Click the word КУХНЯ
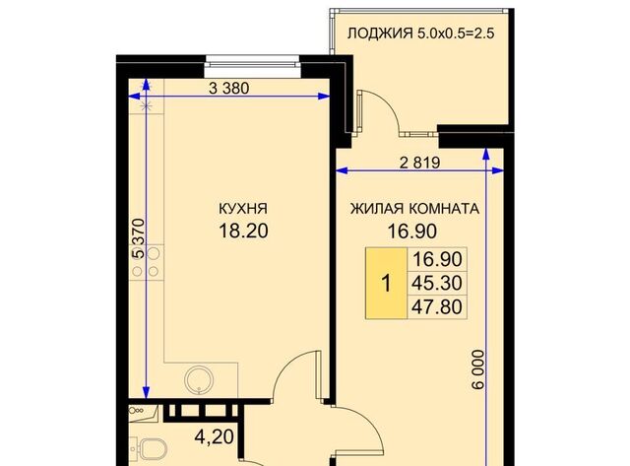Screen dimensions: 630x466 (x=243, y=209)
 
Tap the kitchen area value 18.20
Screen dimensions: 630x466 (x=243, y=232)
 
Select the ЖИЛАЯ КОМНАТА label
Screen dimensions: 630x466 (x=414, y=209)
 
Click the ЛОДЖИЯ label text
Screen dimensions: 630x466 (x=380, y=33)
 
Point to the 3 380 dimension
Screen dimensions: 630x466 (x=229, y=88)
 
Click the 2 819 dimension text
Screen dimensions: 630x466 (x=420, y=163)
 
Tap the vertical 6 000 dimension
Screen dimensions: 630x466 (x=478, y=369)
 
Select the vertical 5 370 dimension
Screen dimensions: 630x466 (x=139, y=238)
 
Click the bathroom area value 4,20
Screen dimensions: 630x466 (x=215, y=436)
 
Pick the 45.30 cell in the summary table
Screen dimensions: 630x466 (x=437, y=283)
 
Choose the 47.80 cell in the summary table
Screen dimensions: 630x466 (x=437, y=306)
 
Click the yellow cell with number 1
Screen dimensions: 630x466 (x=387, y=284)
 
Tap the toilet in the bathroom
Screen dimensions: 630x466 (x=149, y=449)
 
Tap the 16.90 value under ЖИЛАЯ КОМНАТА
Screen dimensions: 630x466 (x=411, y=232)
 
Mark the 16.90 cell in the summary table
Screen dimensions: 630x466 (x=437, y=260)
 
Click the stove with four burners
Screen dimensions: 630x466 (x=147, y=262)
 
